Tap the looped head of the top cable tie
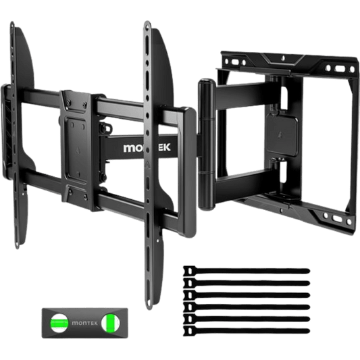(x=188, y=252)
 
